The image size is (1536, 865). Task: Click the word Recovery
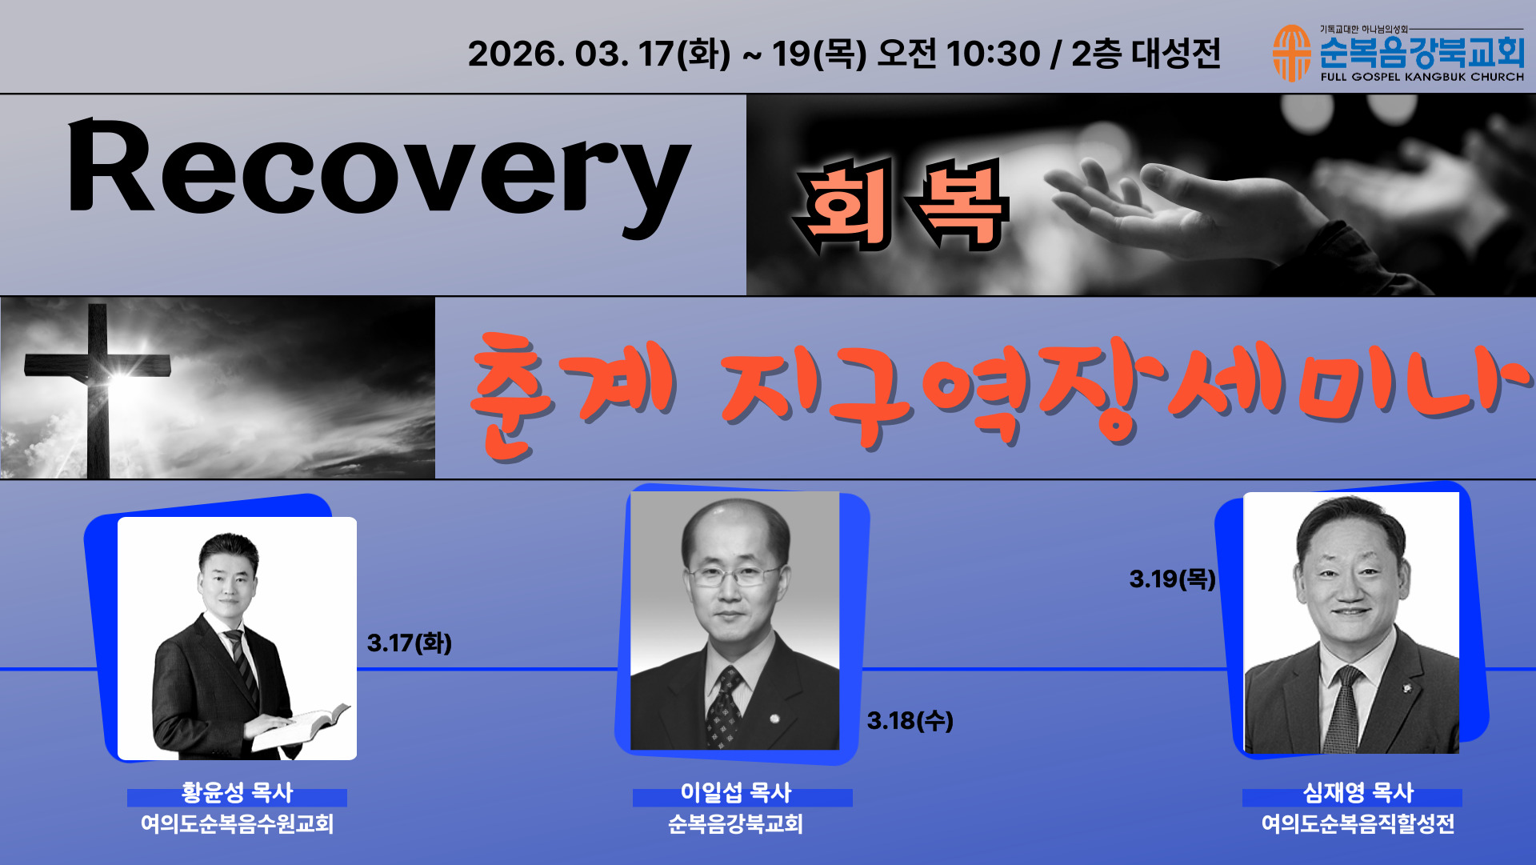(x=378, y=176)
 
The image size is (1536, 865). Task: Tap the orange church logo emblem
(x=1291, y=54)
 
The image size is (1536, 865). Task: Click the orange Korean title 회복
(x=900, y=206)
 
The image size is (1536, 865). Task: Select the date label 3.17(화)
(x=410, y=643)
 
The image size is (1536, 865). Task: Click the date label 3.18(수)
(x=910, y=720)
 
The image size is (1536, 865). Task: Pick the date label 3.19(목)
(x=1173, y=579)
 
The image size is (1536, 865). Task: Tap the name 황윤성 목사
(x=237, y=792)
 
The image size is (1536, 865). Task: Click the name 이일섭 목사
(x=735, y=792)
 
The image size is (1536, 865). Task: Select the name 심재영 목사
(x=1358, y=792)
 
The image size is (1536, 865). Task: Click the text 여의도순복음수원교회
(x=237, y=823)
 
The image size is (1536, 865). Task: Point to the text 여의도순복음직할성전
(x=1358, y=823)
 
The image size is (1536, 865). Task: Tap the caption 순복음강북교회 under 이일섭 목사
(x=735, y=823)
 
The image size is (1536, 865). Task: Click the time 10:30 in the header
(x=993, y=54)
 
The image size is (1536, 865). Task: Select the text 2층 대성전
(x=1146, y=54)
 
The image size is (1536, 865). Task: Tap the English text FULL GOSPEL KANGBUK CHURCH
(x=1422, y=77)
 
